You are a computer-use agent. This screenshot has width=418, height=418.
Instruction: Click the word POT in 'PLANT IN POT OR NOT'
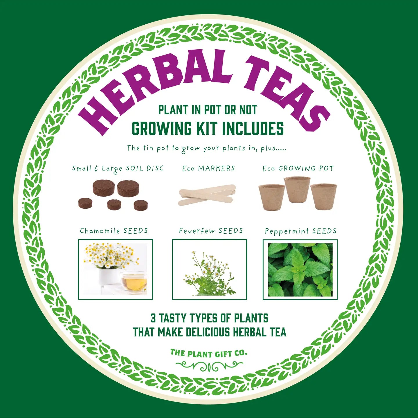[x=212, y=110]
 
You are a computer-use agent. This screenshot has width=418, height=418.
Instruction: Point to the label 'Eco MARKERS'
[x=208, y=168]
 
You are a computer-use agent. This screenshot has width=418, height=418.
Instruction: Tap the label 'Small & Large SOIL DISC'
[x=118, y=168]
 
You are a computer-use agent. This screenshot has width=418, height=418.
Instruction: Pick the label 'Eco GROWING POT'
[x=298, y=168]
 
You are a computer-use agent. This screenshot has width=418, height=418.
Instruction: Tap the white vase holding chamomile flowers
[x=109, y=276]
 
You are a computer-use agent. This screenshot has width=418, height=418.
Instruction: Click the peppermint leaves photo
[x=300, y=270]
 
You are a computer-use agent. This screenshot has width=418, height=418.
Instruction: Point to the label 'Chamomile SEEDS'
[x=114, y=231]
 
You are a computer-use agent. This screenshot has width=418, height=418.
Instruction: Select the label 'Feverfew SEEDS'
[x=211, y=231]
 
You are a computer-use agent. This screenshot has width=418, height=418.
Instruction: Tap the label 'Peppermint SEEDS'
[x=300, y=231]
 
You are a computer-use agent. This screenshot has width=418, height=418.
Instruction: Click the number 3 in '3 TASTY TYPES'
[x=153, y=318]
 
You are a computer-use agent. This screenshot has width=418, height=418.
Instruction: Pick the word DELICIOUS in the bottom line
[x=208, y=332]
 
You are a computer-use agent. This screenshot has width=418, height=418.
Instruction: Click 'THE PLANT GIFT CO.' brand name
[x=209, y=354]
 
